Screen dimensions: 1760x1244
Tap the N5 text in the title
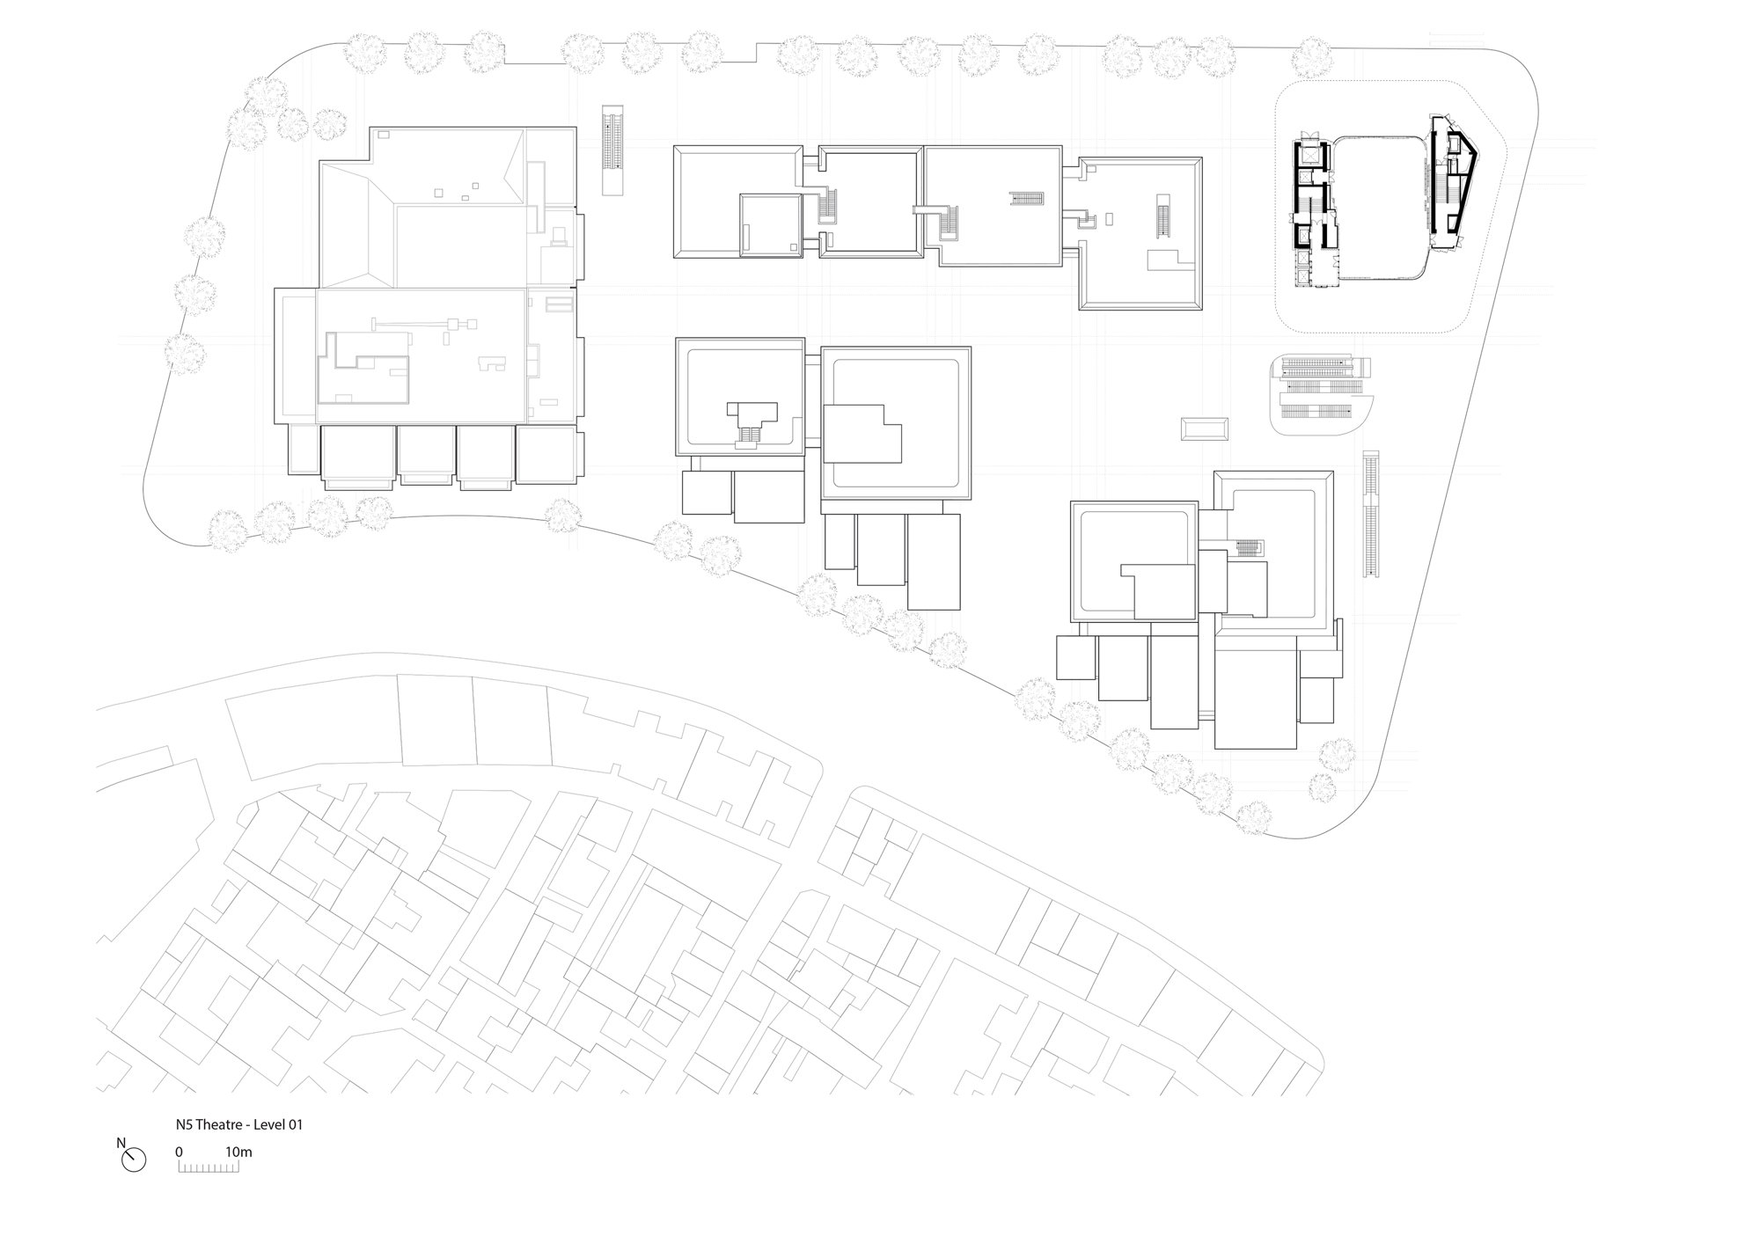click(x=183, y=1124)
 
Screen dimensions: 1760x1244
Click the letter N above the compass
click(x=121, y=1144)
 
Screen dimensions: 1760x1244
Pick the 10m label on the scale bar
click(x=238, y=1152)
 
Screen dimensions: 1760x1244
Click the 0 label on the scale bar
click(x=179, y=1152)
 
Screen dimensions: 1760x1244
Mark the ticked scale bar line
click(x=209, y=1167)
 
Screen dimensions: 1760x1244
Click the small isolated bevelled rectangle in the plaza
click(x=1205, y=429)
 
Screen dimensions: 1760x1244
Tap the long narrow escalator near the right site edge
click(x=1370, y=514)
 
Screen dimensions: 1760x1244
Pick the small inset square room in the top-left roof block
click(x=770, y=225)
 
